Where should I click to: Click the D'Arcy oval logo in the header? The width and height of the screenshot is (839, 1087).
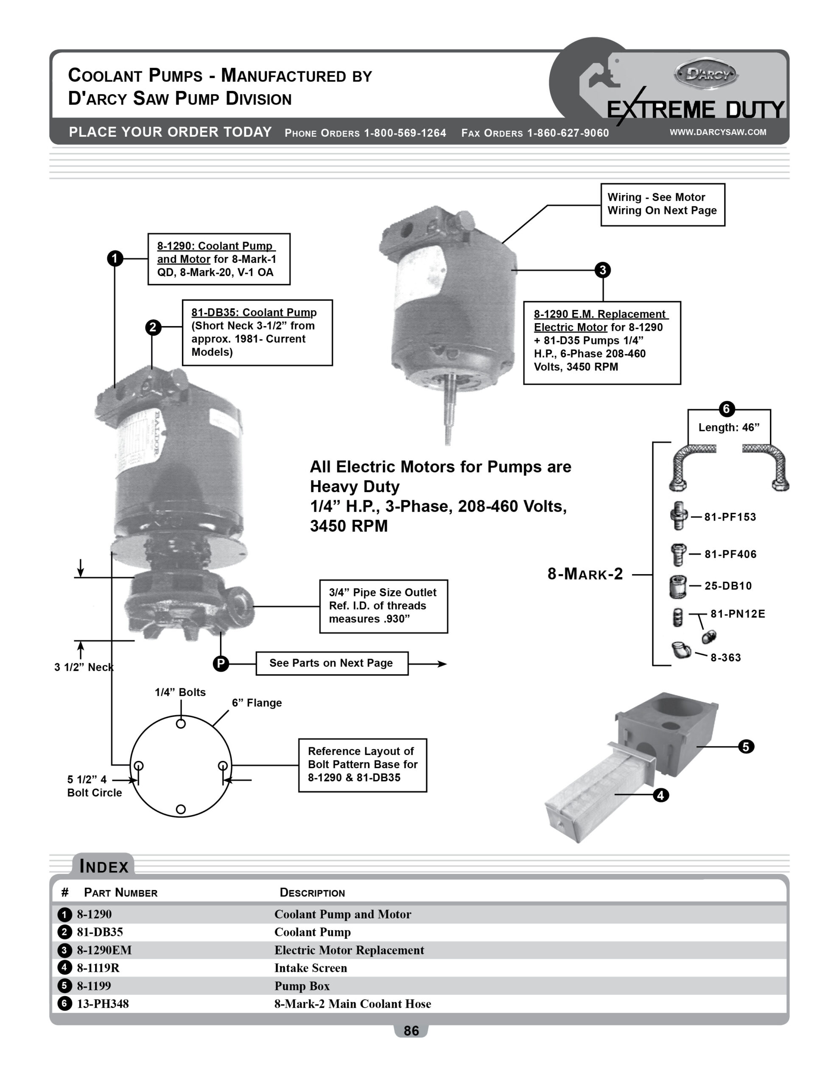click(706, 75)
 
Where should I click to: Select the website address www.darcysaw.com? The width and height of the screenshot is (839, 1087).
click(718, 132)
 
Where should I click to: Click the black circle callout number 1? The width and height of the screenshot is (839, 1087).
click(115, 258)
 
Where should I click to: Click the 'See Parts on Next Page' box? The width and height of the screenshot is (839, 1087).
click(332, 663)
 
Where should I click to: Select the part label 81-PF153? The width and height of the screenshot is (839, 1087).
click(730, 517)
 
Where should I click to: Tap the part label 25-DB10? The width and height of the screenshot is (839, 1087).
click(728, 586)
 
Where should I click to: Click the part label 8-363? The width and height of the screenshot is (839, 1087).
click(726, 657)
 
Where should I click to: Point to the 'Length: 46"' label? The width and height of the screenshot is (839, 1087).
click(729, 428)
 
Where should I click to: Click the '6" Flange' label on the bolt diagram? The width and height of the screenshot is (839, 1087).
click(257, 703)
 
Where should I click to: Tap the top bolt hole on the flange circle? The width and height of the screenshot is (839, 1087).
click(181, 724)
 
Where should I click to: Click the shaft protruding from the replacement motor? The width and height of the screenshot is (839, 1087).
click(447, 413)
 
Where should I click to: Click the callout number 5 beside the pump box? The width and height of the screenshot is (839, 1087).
click(746, 746)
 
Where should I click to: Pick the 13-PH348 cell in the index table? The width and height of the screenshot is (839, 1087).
click(103, 1004)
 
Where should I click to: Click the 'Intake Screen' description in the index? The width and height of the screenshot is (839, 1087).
click(311, 968)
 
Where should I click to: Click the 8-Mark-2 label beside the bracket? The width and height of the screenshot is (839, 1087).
click(585, 574)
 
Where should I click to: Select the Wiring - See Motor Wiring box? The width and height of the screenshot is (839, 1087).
click(663, 204)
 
